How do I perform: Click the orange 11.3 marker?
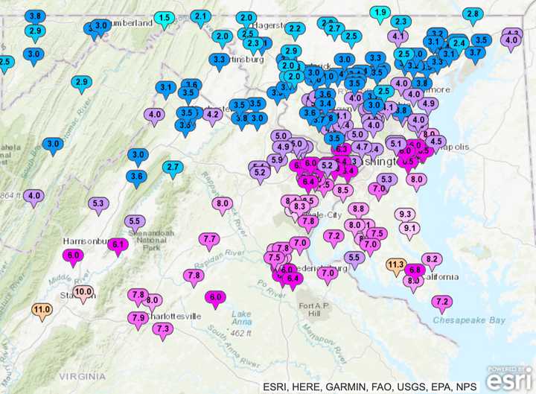tap(396, 264)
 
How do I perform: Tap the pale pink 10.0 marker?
tap(83, 292)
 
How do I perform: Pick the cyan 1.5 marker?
tap(165, 18)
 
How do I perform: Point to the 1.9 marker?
tap(380, 13)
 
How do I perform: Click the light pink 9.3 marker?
tap(406, 215)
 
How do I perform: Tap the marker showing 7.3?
tap(163, 328)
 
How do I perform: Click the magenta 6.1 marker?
tap(118, 244)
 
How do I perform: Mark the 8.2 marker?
tap(433, 259)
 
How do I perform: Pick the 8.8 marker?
tap(359, 210)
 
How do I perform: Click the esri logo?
tap(510, 378)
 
